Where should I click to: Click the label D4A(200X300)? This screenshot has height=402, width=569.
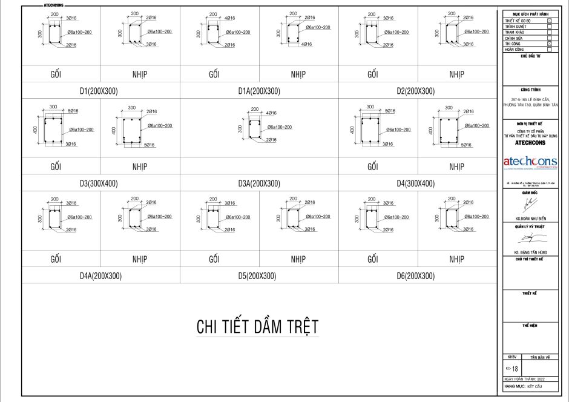tap(100, 275)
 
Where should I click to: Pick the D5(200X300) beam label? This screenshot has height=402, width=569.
tap(258, 275)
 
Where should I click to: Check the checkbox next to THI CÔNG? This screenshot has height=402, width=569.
tap(549, 44)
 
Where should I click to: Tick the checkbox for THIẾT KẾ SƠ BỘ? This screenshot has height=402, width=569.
tap(549, 20)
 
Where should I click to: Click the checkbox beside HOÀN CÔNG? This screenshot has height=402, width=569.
tap(549, 49)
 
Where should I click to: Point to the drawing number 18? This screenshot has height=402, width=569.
tap(515, 368)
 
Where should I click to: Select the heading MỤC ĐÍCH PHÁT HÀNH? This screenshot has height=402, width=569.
tap(530, 14)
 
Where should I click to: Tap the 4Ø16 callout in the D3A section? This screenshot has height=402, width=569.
tap(271, 113)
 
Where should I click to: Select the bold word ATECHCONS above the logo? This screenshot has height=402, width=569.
tap(530, 143)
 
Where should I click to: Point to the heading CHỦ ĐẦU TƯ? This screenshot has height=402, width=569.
tap(530, 55)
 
